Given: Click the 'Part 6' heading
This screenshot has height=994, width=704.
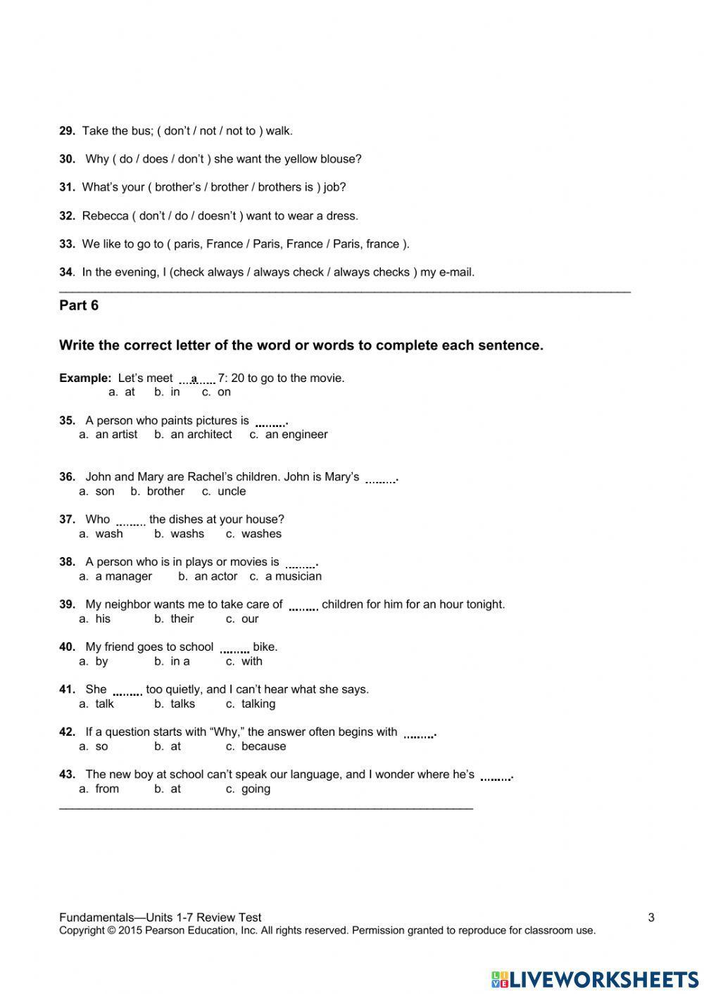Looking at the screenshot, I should pyautogui.click(x=79, y=305).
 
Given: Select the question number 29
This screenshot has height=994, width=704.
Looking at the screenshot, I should pyautogui.click(x=67, y=131).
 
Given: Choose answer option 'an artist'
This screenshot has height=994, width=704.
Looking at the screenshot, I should pyautogui.click(x=116, y=435).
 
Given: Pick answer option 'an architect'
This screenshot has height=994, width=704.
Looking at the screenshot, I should pyautogui.click(x=201, y=435).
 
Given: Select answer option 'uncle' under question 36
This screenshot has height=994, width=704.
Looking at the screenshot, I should pyautogui.click(x=232, y=492).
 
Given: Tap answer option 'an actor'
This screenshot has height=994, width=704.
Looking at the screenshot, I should pyautogui.click(x=215, y=577).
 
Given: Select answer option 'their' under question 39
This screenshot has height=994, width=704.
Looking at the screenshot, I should pyautogui.click(x=182, y=619).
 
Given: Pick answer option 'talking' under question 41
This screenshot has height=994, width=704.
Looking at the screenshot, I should pyautogui.click(x=258, y=704).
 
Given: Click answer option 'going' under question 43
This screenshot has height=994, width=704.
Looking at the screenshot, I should pyautogui.click(x=256, y=789).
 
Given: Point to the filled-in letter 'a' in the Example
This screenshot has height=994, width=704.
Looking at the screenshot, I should pyautogui.click(x=194, y=378).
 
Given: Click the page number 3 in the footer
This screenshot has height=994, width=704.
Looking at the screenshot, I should pyautogui.click(x=651, y=917).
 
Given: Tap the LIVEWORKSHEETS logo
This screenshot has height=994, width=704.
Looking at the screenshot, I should pyautogui.click(x=595, y=979).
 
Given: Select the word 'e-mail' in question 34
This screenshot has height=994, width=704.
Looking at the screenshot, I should pyautogui.click(x=457, y=272).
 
